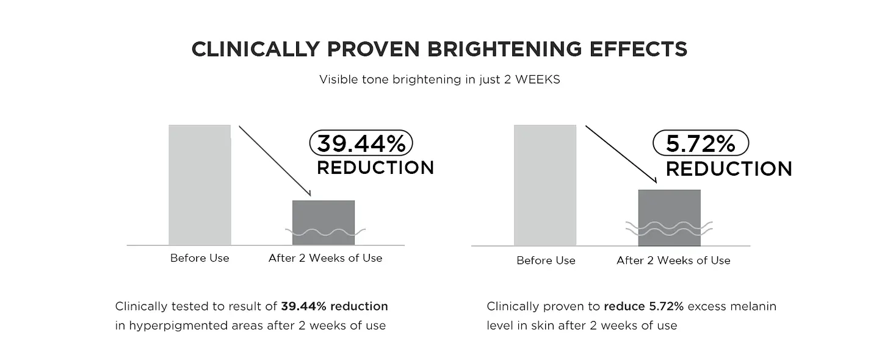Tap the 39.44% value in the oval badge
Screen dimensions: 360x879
361,144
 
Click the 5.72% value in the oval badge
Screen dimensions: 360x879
701,144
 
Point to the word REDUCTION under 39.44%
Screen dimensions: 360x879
375,168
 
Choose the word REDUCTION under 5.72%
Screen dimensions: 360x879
729,168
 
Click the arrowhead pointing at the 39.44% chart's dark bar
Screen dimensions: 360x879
309,193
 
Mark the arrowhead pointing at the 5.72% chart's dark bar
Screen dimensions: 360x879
654,181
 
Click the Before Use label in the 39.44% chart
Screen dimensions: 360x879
200,258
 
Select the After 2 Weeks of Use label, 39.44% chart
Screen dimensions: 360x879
325,258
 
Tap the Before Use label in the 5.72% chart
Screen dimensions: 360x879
546,261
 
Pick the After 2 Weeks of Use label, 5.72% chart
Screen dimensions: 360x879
673,261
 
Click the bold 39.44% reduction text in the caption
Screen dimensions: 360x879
335,306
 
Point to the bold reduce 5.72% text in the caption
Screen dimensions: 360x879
642,306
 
